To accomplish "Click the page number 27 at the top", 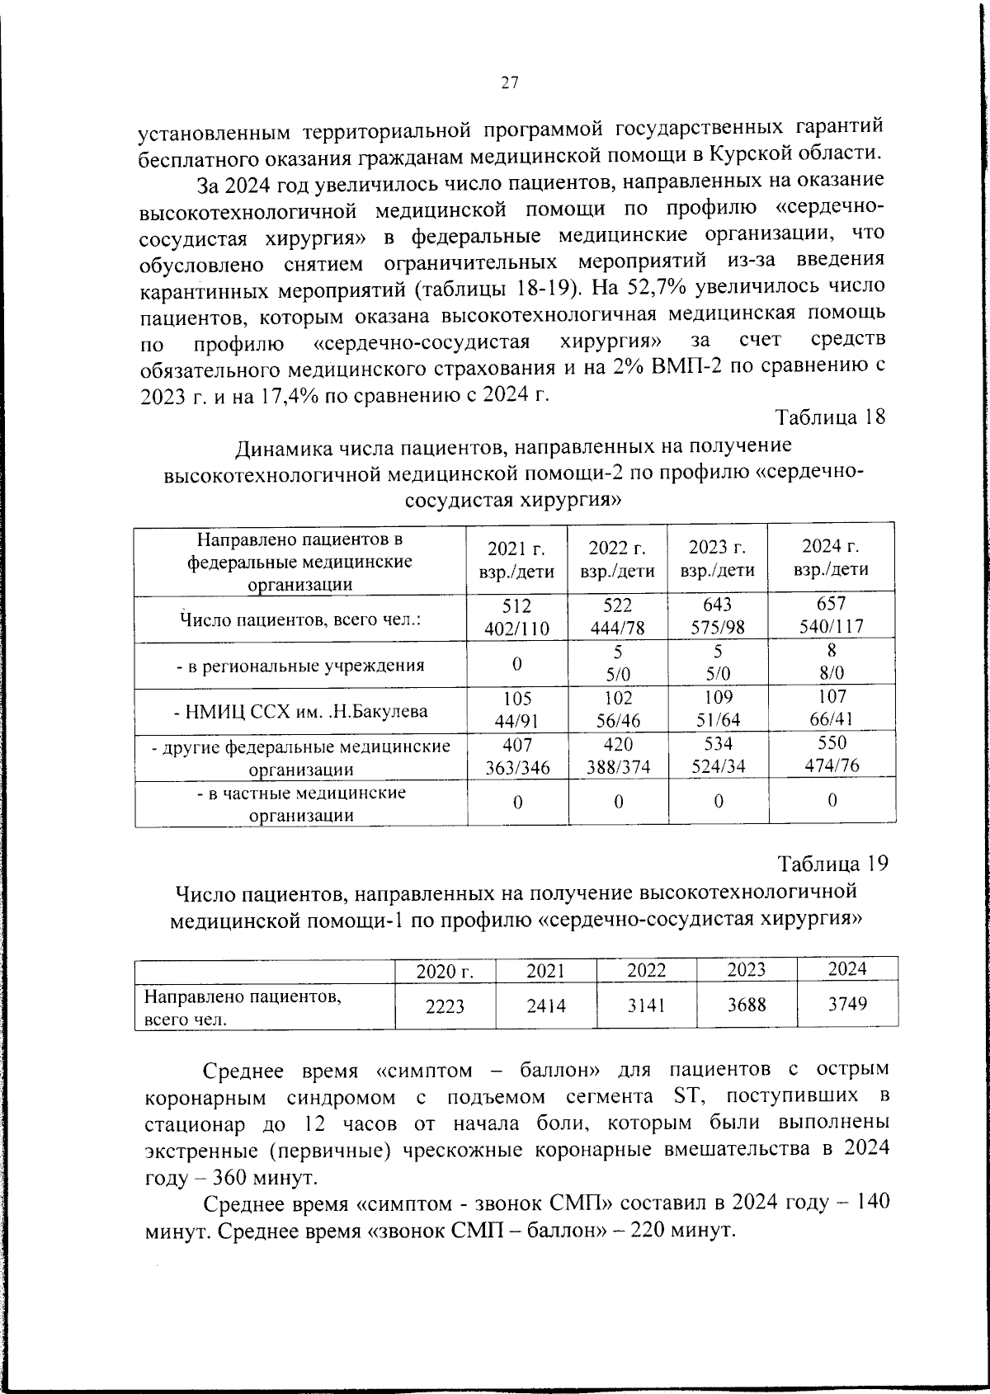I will (509, 82).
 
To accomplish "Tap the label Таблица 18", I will (831, 417).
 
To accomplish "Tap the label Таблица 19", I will (833, 864).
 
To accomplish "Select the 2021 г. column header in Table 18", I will (517, 558).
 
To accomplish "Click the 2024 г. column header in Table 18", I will (831, 557).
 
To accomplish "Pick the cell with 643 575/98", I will (718, 616).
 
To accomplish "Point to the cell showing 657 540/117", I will (832, 615).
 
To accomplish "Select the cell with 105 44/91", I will (517, 709).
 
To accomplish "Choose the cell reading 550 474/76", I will (832, 754).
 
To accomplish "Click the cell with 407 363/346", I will (517, 756).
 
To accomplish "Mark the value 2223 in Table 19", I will (445, 1006).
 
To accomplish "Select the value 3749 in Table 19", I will (847, 1003).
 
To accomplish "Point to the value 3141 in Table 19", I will (647, 1005).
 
